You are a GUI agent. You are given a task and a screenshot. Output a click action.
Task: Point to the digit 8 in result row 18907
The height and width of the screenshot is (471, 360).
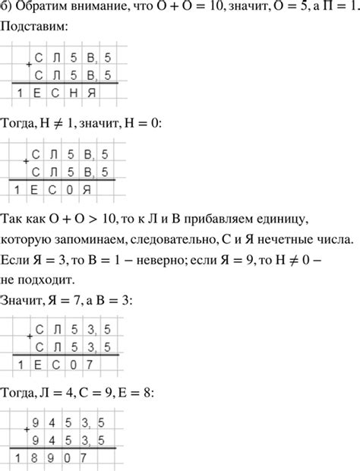(x=32, y=458)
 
